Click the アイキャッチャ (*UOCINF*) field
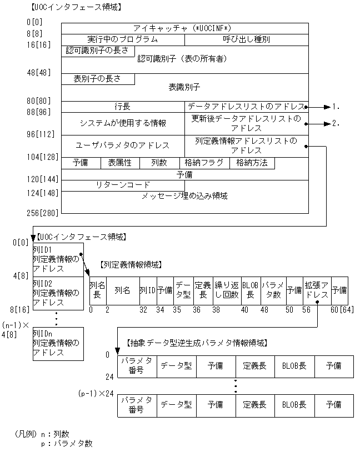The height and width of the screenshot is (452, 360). [184, 28]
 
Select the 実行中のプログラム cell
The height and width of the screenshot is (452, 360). [123, 39]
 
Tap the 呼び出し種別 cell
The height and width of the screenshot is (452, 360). [246, 39]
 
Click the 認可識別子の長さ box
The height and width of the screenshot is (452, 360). [98, 51]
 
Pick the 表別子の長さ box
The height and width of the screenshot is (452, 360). [98, 79]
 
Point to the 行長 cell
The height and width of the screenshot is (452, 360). [123, 106]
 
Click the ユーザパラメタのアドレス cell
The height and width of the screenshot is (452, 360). [123, 145]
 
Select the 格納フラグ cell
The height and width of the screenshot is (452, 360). [204, 163]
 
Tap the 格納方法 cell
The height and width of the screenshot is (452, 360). [252, 163]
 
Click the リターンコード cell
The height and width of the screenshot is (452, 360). [123, 185]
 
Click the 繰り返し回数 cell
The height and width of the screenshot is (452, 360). [226, 290]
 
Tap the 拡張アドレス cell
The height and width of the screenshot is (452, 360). [317, 290]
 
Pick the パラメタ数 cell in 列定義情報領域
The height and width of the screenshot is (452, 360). [272, 290]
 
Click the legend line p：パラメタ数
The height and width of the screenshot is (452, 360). [66, 443]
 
